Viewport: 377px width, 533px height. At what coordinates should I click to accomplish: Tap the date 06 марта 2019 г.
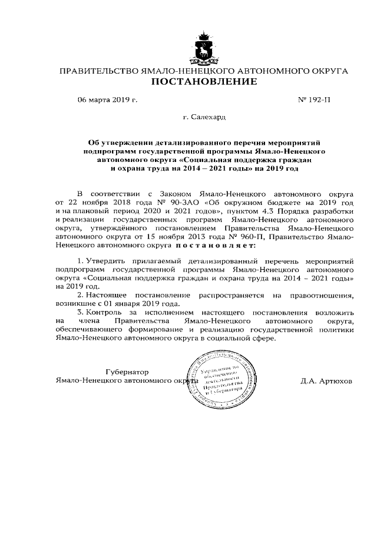(x=107, y=100)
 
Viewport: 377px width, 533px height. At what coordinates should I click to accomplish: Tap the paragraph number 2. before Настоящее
(x=81, y=294)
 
